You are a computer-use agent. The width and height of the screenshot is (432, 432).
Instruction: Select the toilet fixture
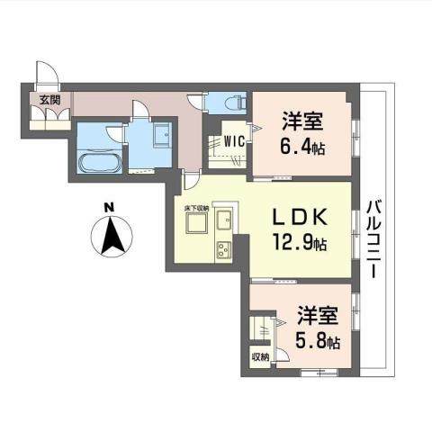[x=225, y=100]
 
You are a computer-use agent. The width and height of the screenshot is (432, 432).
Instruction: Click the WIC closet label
[x=233, y=139]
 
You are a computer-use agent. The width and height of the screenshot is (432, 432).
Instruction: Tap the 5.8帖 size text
[x=319, y=343]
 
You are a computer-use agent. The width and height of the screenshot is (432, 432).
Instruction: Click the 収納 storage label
[x=259, y=356]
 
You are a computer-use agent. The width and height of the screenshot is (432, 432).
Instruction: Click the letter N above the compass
[x=108, y=207]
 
